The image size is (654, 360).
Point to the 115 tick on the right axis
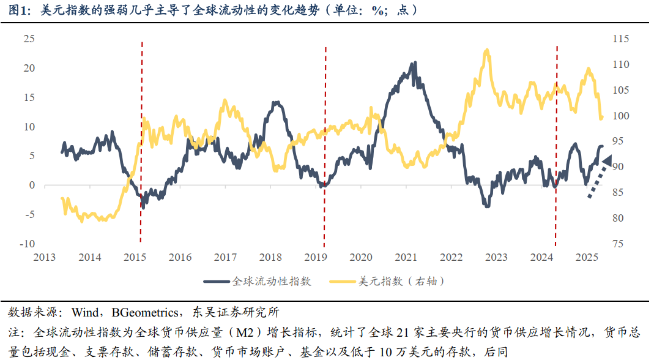(620, 39)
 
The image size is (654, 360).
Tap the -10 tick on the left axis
(26, 244)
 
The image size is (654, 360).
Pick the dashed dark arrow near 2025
(600, 177)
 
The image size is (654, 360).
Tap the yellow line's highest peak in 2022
(487, 51)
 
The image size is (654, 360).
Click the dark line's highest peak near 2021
(415, 63)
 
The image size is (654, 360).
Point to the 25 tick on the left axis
(29, 39)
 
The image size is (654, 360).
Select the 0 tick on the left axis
(32, 185)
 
